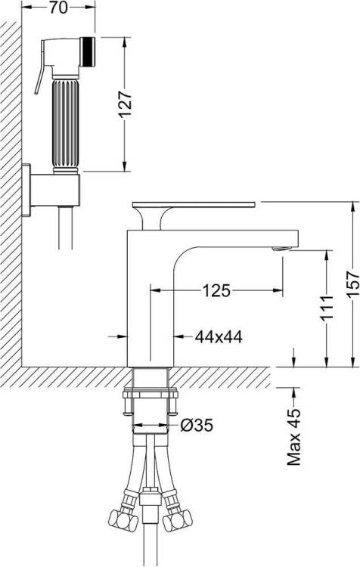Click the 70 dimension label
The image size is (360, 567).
point(58,8)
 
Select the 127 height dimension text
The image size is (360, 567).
point(125,104)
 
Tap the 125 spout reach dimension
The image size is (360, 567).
point(216,290)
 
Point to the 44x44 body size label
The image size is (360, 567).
point(219,337)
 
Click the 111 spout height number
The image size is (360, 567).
point(327,308)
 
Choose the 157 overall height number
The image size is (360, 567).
point(352,284)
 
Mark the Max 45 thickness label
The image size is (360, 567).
point(293,437)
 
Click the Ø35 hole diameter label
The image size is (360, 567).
point(197,426)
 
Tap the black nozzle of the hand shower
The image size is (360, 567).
point(88,51)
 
